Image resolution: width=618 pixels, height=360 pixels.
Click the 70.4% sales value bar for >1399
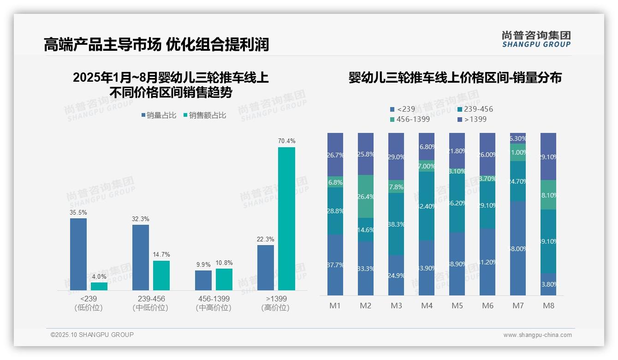coord(286,219)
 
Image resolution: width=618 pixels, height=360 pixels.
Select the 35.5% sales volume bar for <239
coord(78,254)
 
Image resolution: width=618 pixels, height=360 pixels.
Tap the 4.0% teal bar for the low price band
coord(99,286)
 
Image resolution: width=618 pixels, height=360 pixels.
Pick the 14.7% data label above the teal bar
coord(161,254)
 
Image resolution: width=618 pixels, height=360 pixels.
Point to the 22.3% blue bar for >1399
coord(266,268)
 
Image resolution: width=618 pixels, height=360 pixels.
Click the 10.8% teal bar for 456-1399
coord(224,279)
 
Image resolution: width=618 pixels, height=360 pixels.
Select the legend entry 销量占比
coord(158,115)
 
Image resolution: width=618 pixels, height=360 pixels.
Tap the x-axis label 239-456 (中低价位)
coord(151,303)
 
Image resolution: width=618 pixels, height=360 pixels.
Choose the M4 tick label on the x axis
coord(427,306)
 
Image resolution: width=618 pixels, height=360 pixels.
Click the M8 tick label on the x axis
coord(548,306)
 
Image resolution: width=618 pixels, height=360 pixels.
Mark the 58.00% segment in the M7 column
coord(518,248)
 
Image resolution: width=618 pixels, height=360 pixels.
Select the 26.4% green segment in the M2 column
coord(366,197)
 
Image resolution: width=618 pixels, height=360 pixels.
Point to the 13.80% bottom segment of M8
coord(548,284)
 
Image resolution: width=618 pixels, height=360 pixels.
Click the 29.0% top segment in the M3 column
coord(396,156)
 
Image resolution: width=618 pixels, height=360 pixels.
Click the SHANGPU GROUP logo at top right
coord(536,39)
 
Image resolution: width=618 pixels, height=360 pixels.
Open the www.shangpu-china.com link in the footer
coord(537,335)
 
